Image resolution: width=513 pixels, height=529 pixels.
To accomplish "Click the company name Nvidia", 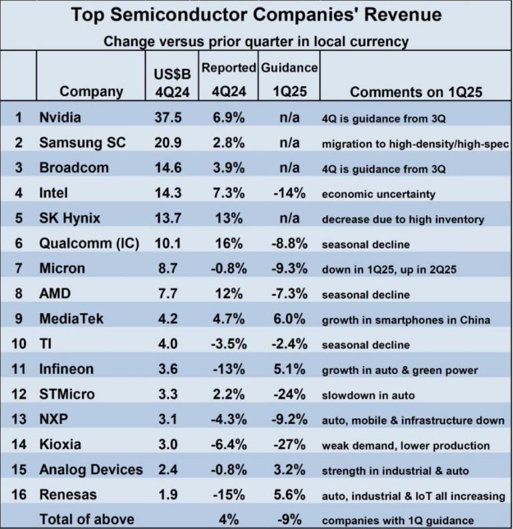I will tap(60, 118).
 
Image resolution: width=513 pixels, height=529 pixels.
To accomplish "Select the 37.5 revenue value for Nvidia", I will tap(168, 118).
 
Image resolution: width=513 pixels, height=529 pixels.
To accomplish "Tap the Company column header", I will tap(92, 91).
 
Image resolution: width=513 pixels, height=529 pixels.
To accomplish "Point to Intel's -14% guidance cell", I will tap(290, 194).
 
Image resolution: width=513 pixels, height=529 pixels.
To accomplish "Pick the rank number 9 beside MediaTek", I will tap(19, 319).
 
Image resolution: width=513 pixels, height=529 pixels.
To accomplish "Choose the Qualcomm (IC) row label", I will tap(89, 244).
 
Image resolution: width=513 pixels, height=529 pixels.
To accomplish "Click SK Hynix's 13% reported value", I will tap(229, 218).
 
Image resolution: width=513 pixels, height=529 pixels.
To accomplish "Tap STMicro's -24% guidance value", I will tap(290, 395).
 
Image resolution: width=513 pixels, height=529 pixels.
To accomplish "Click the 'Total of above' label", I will tap(87, 518).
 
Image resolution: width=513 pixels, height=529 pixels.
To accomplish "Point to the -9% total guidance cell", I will tap(290, 518).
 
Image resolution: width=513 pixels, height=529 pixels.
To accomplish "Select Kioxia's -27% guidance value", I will tap(290, 445).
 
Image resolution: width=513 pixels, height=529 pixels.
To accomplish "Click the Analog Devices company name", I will tap(91, 470).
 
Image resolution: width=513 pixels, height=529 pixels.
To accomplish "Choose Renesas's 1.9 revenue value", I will tap(168, 495).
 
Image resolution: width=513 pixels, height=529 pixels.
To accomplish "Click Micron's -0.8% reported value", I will tap(229, 269).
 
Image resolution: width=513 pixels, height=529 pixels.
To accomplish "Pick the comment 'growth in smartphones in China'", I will tap(406, 320).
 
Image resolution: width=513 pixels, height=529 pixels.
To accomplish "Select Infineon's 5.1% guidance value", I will tap(290, 369).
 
